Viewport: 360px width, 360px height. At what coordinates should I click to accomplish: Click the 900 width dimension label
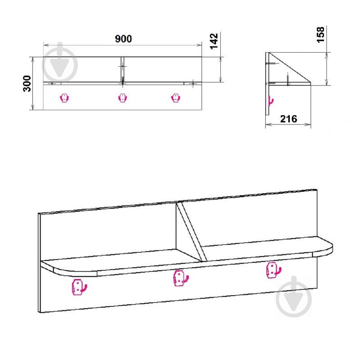(x=123, y=39)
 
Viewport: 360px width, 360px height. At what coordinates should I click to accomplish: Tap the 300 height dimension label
(x=27, y=83)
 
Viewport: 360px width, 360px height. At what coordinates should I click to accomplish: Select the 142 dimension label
(x=214, y=41)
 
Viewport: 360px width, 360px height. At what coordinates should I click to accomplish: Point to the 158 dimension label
(x=320, y=35)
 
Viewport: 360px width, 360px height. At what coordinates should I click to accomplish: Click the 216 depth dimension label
(x=289, y=119)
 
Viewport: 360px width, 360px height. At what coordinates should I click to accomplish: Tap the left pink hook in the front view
(x=64, y=98)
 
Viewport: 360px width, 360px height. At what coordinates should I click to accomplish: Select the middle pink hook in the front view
(x=123, y=98)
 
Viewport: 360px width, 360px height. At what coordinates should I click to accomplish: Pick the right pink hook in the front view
(x=176, y=98)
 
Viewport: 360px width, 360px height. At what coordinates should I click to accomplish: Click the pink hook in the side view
(x=271, y=101)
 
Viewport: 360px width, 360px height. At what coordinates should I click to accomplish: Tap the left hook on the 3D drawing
(x=79, y=287)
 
